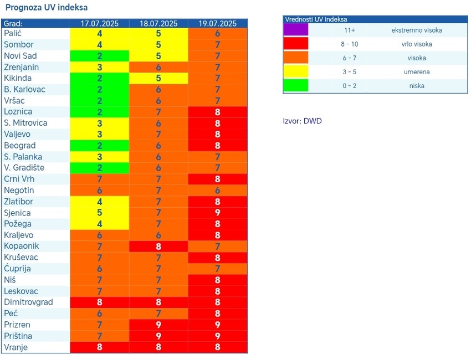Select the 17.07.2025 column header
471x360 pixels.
tap(100, 23)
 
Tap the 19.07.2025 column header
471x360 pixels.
tap(218, 23)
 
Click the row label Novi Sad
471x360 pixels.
tap(21, 56)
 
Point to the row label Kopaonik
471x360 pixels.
tap(22, 246)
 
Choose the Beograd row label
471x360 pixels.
tap(20, 145)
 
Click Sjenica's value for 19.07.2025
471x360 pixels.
tap(218, 213)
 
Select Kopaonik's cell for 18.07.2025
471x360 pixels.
tap(158, 246)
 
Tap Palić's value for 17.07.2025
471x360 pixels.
tap(100, 33)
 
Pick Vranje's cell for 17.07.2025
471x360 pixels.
tap(100, 347)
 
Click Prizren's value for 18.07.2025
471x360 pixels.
tap(158, 325)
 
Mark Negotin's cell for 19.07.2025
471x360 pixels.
tap(218, 190)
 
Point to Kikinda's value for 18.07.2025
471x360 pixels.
tap(158, 78)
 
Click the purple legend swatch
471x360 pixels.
tap(295, 30)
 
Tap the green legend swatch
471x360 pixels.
tap(295, 86)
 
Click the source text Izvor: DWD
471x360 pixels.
tap(302, 121)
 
